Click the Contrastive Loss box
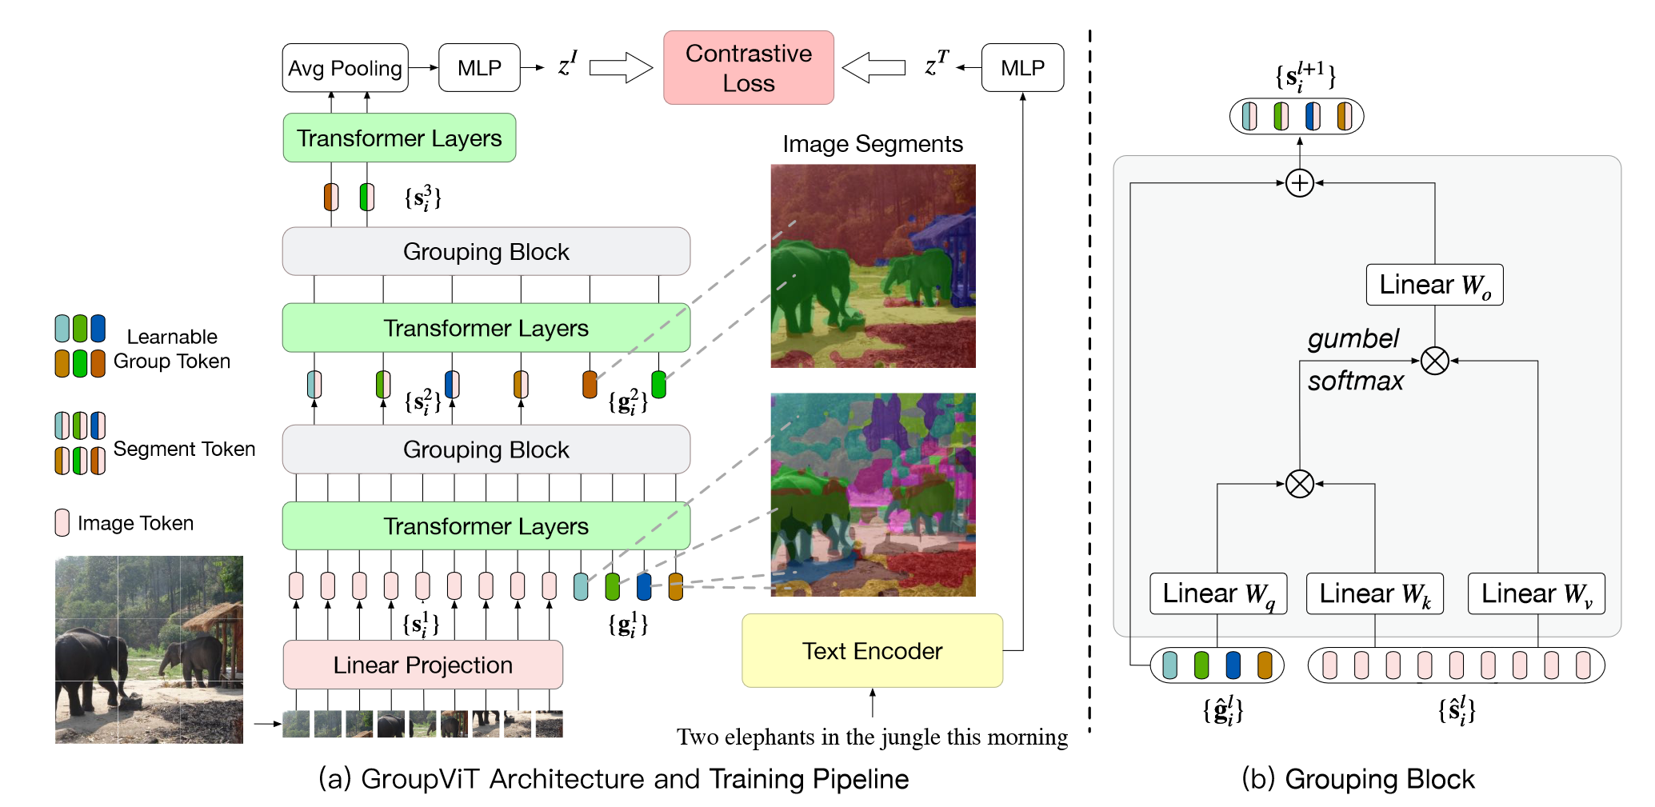click(749, 68)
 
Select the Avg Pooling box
click(346, 68)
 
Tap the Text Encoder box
click(873, 651)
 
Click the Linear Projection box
click(423, 665)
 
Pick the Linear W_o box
click(1435, 285)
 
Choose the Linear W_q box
click(1218, 593)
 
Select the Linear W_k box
click(1375, 593)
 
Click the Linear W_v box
click(1537, 593)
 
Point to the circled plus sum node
click(1300, 183)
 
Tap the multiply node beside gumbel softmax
click(1435, 361)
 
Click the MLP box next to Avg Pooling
click(480, 68)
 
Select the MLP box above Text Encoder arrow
click(1023, 68)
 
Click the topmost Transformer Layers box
click(399, 138)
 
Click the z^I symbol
click(568, 64)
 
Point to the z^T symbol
click(937, 63)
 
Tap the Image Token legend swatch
click(62, 522)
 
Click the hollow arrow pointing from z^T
click(873, 68)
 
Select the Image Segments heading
click(873, 144)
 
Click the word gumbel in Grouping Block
click(1353, 339)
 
